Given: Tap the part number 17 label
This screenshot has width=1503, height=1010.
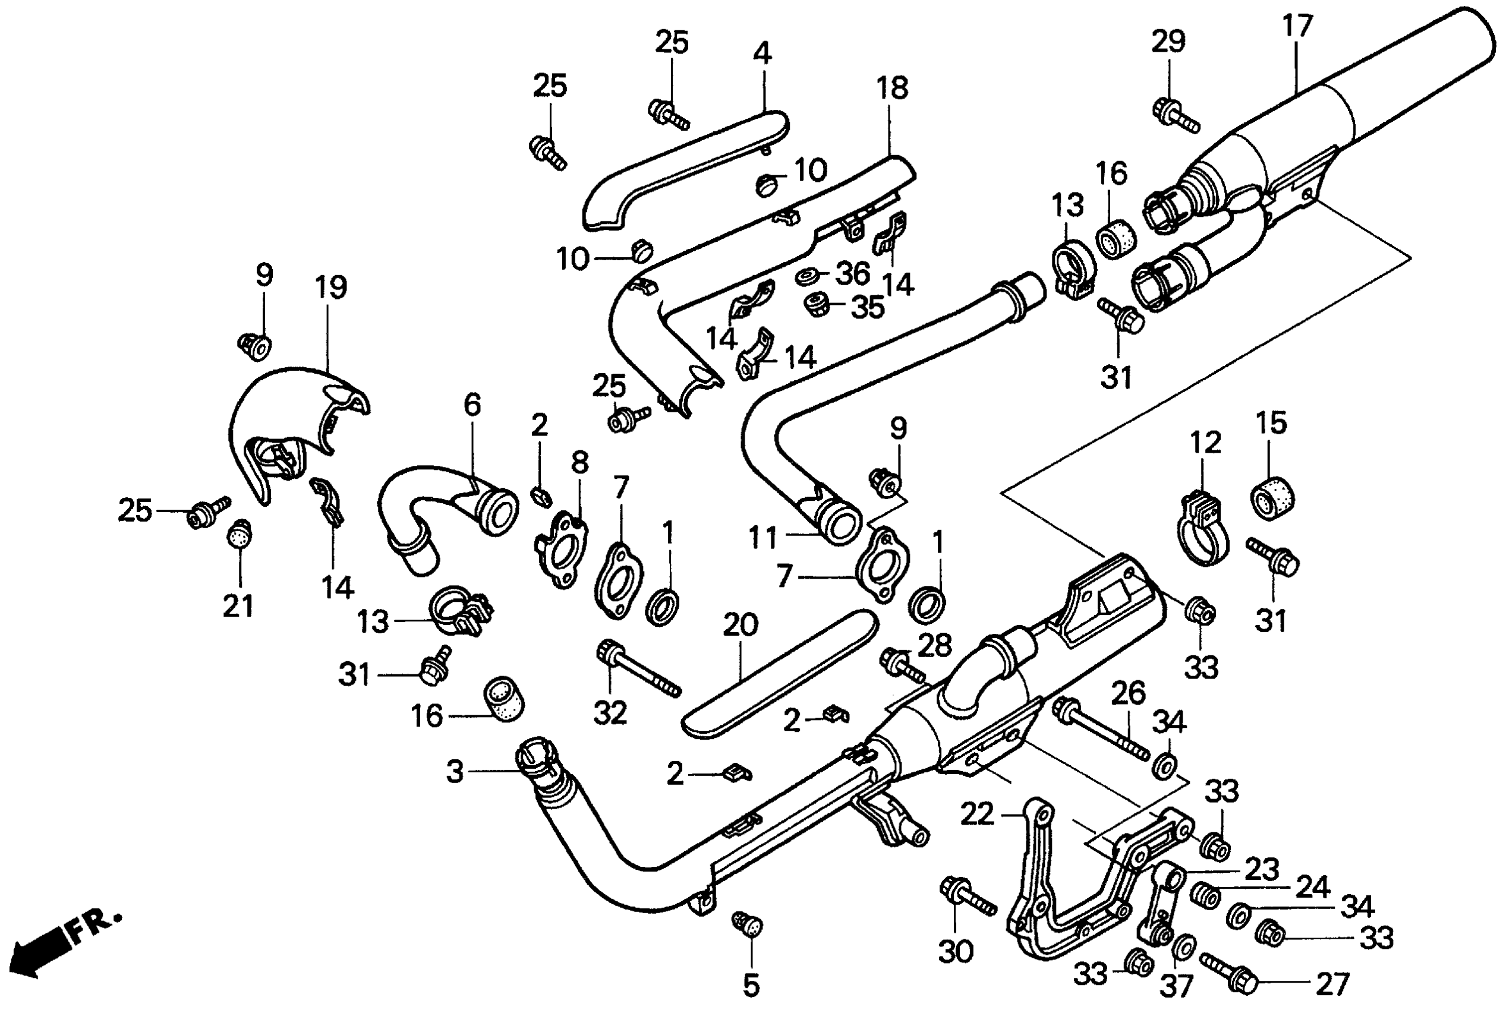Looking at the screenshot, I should (1296, 26).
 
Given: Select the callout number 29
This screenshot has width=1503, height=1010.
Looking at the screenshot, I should (1168, 41).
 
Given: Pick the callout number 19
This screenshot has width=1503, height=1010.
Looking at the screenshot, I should (332, 288).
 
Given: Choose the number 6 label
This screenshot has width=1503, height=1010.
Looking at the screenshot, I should (472, 405).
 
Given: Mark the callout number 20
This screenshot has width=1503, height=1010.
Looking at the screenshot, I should (741, 625).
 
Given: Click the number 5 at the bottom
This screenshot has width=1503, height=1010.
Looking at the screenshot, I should (751, 985).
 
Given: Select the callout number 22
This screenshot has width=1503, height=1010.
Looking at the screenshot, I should (977, 815).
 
